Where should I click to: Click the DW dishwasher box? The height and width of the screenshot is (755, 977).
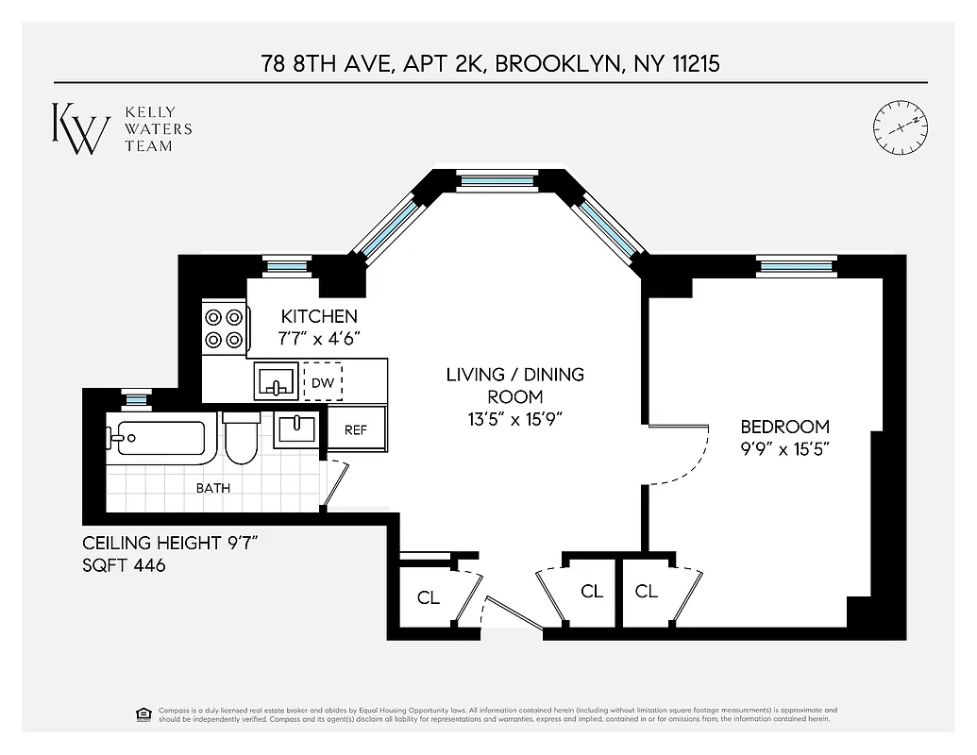click(x=323, y=383)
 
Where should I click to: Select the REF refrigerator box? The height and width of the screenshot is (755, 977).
click(x=356, y=429)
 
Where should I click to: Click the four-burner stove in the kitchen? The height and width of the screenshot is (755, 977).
click(x=225, y=328)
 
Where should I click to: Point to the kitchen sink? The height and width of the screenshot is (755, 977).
click(x=277, y=382)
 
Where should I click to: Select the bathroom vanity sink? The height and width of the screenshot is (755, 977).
click(x=299, y=429)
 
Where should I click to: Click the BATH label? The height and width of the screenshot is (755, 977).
click(x=212, y=488)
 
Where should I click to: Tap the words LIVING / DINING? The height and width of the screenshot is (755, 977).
click(x=514, y=375)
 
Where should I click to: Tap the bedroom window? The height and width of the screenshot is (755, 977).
click(x=797, y=266)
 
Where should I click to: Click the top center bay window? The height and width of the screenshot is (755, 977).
click(x=496, y=179)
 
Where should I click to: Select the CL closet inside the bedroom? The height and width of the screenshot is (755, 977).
click(x=647, y=592)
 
